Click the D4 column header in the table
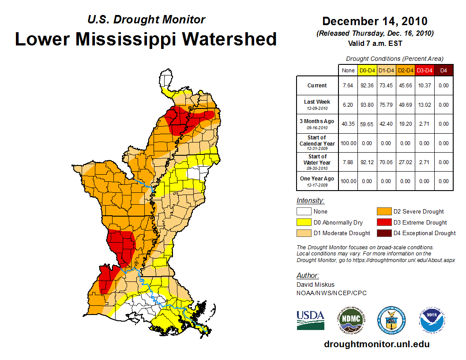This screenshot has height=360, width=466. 443,70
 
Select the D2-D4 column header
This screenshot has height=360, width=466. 405,70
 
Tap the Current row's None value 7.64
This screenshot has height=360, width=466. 348,86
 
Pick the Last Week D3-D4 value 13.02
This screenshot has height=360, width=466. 425,105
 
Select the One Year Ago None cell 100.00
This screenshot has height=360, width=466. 348,181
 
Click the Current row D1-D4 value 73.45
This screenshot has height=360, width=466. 386,86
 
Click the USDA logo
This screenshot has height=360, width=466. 310,320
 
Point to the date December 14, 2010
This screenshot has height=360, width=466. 375,22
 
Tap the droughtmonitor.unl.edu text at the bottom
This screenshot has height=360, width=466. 376,345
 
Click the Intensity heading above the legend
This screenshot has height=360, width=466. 310,201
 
